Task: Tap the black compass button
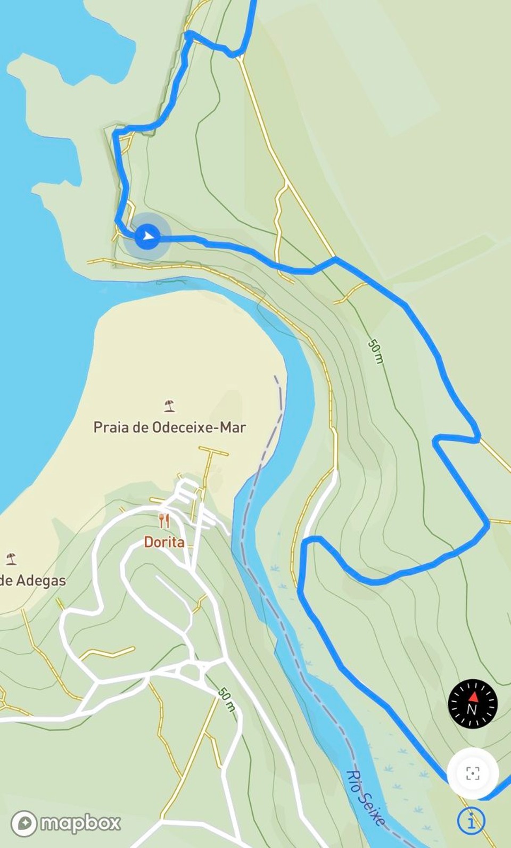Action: click(472, 703)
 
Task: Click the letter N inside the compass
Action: click(472, 710)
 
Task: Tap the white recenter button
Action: click(472, 773)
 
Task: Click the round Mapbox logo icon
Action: click(24, 823)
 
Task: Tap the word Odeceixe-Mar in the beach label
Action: click(199, 427)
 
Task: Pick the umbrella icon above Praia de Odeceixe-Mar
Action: click(169, 406)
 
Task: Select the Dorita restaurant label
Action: click(164, 542)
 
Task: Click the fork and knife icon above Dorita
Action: click(164, 521)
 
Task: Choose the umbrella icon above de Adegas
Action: click(11, 559)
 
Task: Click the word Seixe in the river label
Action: click(373, 806)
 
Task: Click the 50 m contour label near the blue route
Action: click(376, 352)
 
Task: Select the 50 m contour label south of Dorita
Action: click(227, 699)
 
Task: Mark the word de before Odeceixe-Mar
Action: click(140, 427)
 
